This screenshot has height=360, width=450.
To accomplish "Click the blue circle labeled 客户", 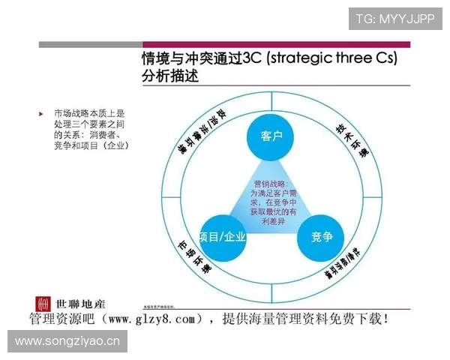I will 271,136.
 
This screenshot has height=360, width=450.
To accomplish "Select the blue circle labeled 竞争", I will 322,236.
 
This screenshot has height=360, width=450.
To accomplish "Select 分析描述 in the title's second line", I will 170,77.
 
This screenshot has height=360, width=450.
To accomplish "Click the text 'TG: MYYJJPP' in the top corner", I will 395,18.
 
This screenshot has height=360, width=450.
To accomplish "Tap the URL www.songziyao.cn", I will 67,342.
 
